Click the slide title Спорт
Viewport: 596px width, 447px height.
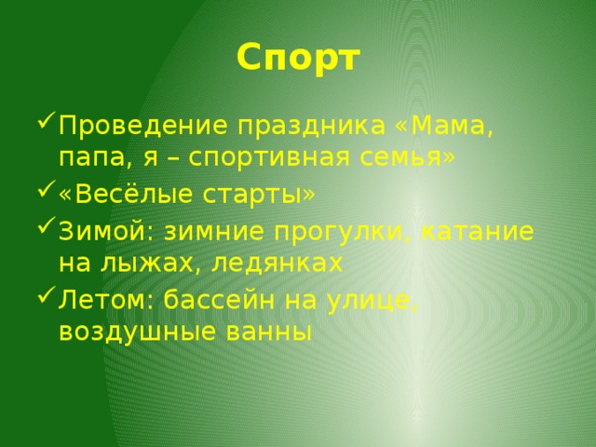coord(298,59)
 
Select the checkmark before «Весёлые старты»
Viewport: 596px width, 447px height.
coord(47,189)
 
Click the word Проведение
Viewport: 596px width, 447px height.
coord(143,127)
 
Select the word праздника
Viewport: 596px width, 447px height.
coord(312,127)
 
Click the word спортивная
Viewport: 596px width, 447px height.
coord(269,158)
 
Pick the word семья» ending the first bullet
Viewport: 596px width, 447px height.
coord(408,157)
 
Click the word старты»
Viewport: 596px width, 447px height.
coord(259,195)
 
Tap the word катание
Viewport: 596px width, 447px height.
coord(478,232)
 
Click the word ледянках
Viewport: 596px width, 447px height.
coord(278,264)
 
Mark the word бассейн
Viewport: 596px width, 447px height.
coord(220,299)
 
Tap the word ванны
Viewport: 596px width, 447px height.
coord(269,332)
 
